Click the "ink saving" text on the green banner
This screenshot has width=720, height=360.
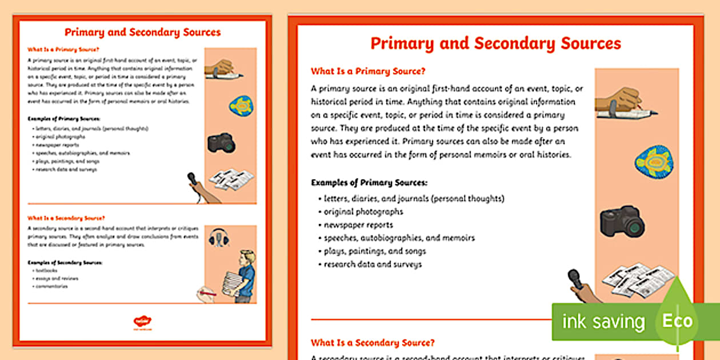pyautogui.click(x=603, y=322)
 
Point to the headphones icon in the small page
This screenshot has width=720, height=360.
pyautogui.click(x=219, y=237)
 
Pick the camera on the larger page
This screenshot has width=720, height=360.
pyautogui.click(x=622, y=221)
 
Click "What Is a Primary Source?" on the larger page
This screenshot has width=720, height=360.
pyautogui.click(x=368, y=71)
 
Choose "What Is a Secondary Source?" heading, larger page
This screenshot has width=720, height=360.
pyautogui.click(x=373, y=343)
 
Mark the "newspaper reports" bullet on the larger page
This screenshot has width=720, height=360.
pyautogui.click(x=358, y=225)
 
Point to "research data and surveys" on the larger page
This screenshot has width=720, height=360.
pyautogui.click(x=373, y=264)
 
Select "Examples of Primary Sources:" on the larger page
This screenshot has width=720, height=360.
pyautogui.click(x=369, y=183)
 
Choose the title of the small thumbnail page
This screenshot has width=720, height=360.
pyautogui.click(x=142, y=33)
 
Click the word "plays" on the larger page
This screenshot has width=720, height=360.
pyautogui.click(x=335, y=251)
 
